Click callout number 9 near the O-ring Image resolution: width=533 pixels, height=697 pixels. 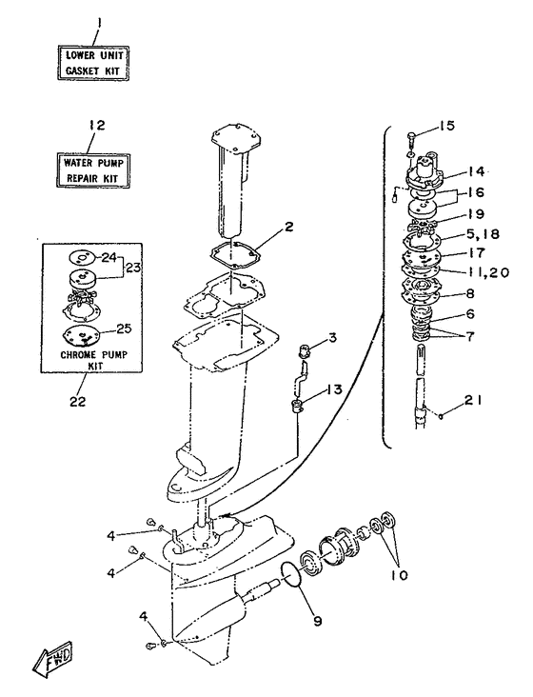click(x=317, y=621)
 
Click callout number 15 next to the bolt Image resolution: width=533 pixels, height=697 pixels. click(x=448, y=126)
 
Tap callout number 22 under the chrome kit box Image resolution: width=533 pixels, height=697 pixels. click(x=77, y=402)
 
